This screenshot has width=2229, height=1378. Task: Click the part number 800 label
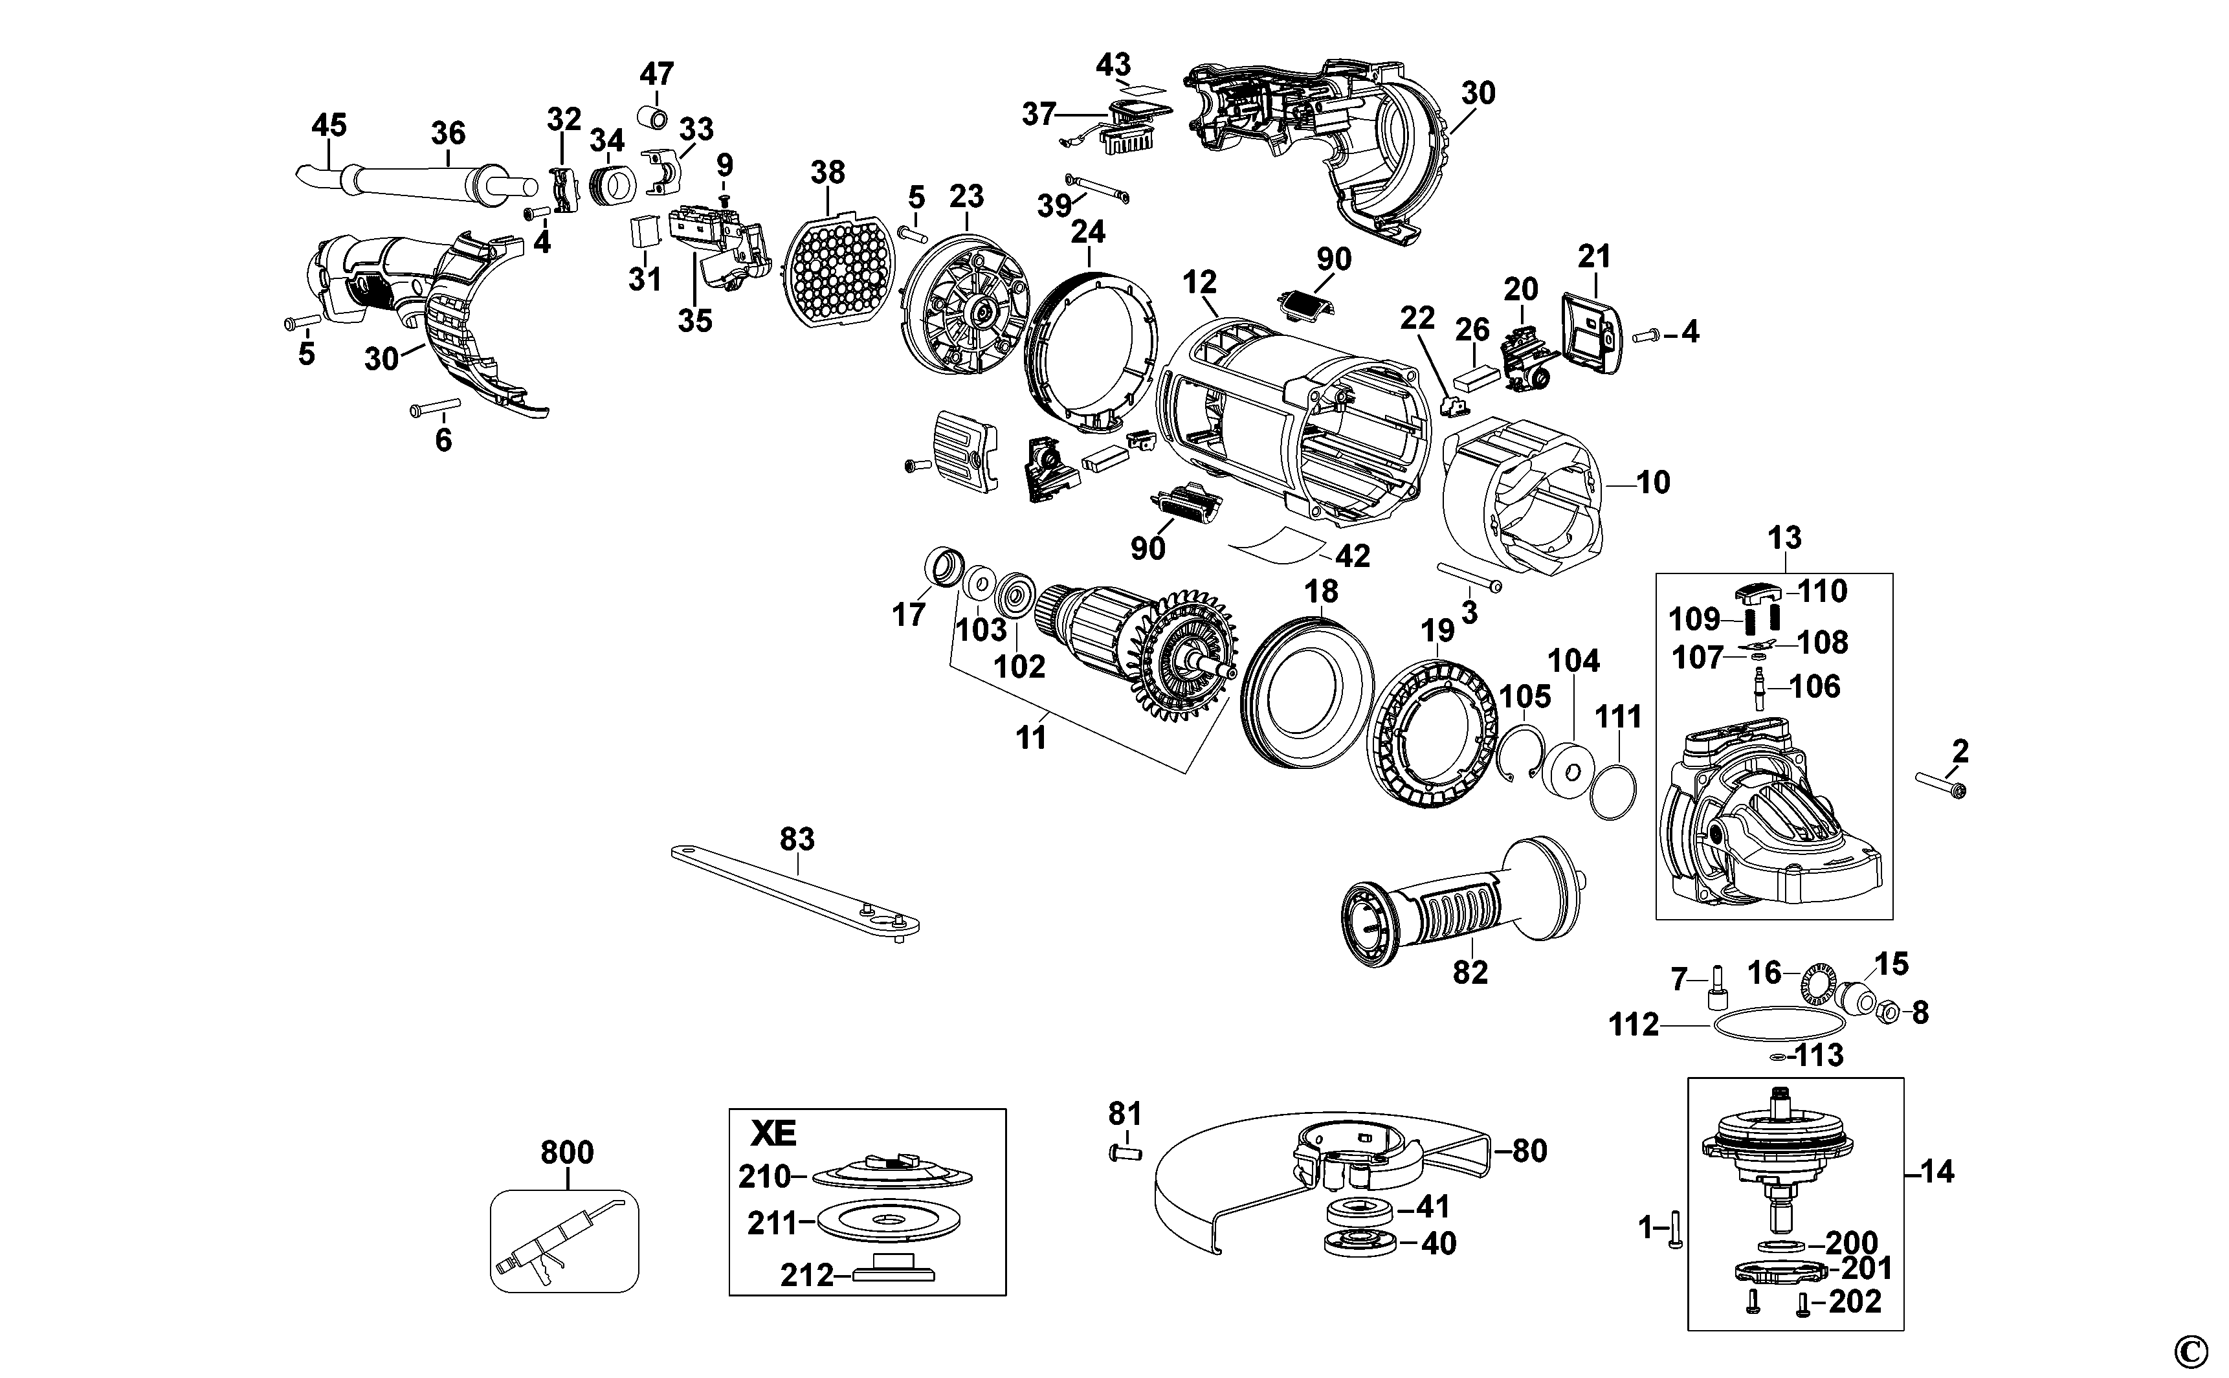(567, 1152)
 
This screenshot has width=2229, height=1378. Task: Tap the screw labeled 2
(1941, 786)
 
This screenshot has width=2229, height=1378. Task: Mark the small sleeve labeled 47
(652, 118)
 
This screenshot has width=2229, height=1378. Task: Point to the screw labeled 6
(436, 406)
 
